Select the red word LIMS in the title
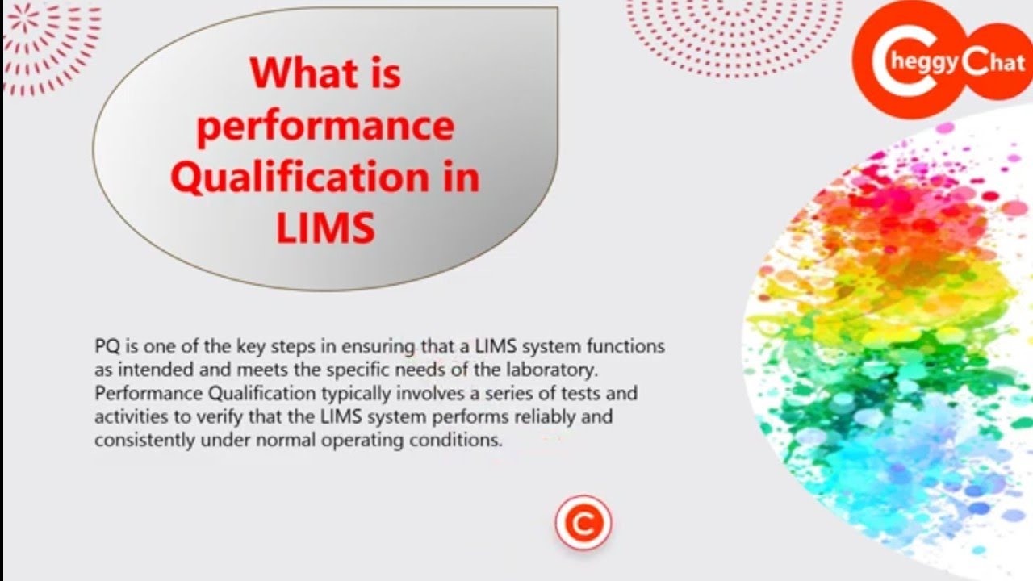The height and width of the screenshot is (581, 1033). pyautogui.click(x=325, y=229)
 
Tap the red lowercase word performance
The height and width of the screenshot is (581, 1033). pyautogui.click(x=325, y=127)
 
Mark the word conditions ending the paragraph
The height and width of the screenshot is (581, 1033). pyautogui.click(x=462, y=441)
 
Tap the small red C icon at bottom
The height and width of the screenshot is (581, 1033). pyautogui.click(x=583, y=523)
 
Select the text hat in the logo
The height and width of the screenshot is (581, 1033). pyautogui.click(x=1006, y=63)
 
